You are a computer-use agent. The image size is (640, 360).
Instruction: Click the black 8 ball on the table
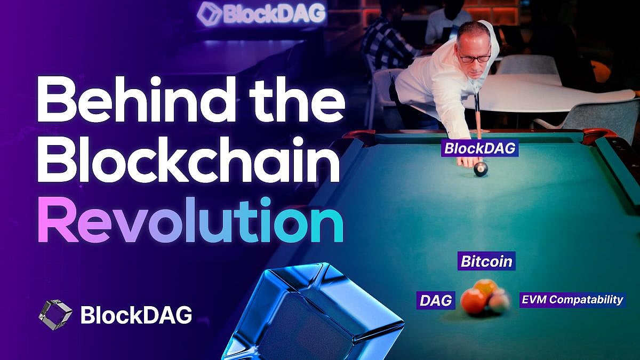pos(481,169)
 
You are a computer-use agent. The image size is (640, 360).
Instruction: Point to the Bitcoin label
pos(486,261)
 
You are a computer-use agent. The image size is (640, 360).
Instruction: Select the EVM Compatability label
pos(571,299)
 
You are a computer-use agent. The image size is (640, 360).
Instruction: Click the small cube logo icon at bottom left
pos(55,315)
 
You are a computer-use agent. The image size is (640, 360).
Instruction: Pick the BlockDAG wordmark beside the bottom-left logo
pos(136,315)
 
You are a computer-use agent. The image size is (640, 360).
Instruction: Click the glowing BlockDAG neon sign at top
pos(261,14)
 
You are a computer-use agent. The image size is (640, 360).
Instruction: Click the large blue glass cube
pos(315,315)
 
